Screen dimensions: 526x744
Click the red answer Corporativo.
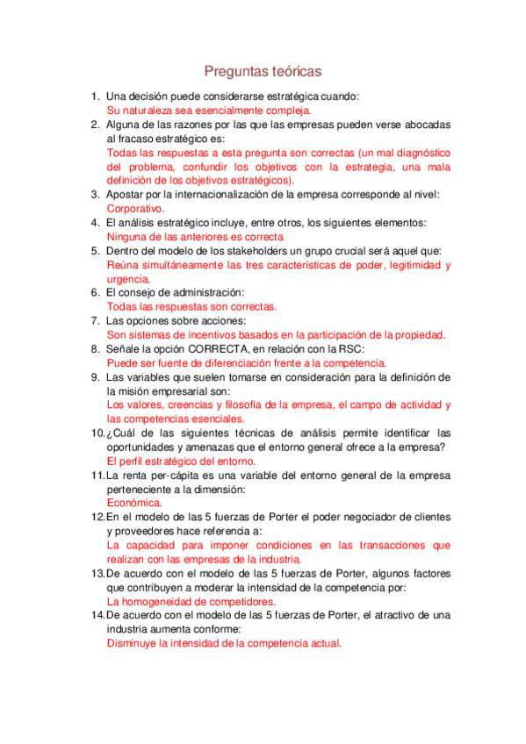[135, 209]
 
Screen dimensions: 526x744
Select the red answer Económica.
[134, 503]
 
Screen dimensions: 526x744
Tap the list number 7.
[96, 320]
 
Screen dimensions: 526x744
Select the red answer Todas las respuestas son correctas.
[191, 306]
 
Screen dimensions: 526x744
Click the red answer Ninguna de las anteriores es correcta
[195, 237]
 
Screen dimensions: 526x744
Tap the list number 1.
[96, 97]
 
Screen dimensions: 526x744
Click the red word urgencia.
[128, 279]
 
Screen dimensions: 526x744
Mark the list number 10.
[97, 433]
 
